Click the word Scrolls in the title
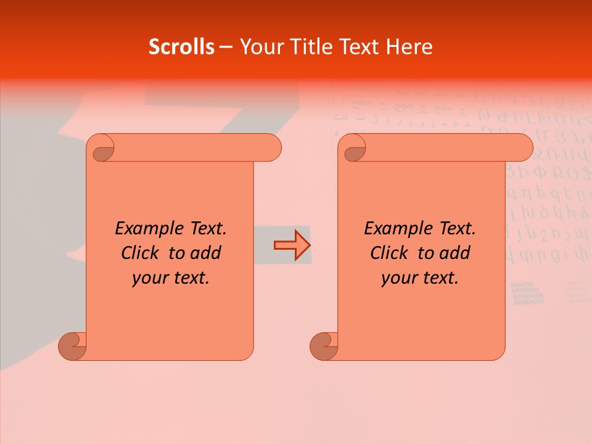tap(181, 46)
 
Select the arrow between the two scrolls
tap(292, 245)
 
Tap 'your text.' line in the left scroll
tap(171, 278)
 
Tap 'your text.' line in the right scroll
tap(420, 278)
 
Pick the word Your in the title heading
tap(260, 46)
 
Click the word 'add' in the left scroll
tap(206, 253)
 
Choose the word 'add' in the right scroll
tap(455, 253)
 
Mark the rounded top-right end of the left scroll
tap(271, 147)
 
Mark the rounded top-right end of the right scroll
tap(523, 147)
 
